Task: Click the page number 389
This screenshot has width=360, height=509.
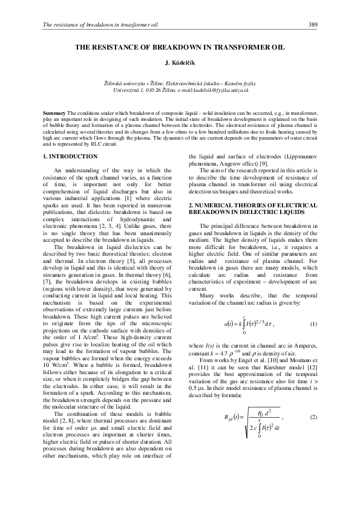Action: (x=313, y=24)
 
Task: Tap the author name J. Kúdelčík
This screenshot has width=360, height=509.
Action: (x=180, y=62)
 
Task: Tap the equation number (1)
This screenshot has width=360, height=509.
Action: (x=313, y=325)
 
